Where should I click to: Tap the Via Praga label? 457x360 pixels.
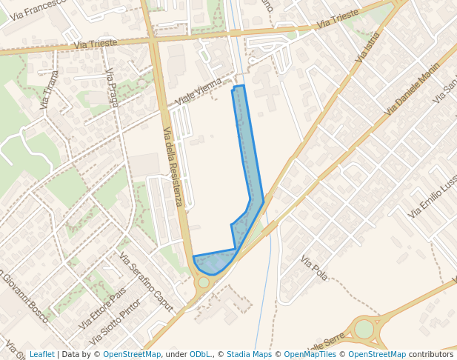point(112,88)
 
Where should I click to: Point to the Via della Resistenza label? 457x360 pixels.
point(173,167)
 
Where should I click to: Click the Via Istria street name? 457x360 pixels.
point(367,46)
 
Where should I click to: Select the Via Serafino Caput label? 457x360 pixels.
point(146,282)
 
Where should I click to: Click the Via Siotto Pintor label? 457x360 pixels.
point(115,324)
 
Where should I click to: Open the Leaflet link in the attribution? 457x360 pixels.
point(41,354)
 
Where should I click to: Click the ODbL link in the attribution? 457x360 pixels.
point(200,354)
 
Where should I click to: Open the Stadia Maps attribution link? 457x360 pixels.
point(249,354)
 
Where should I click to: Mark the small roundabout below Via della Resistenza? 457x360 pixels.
point(204,282)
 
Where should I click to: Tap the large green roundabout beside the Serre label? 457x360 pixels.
point(364,329)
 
